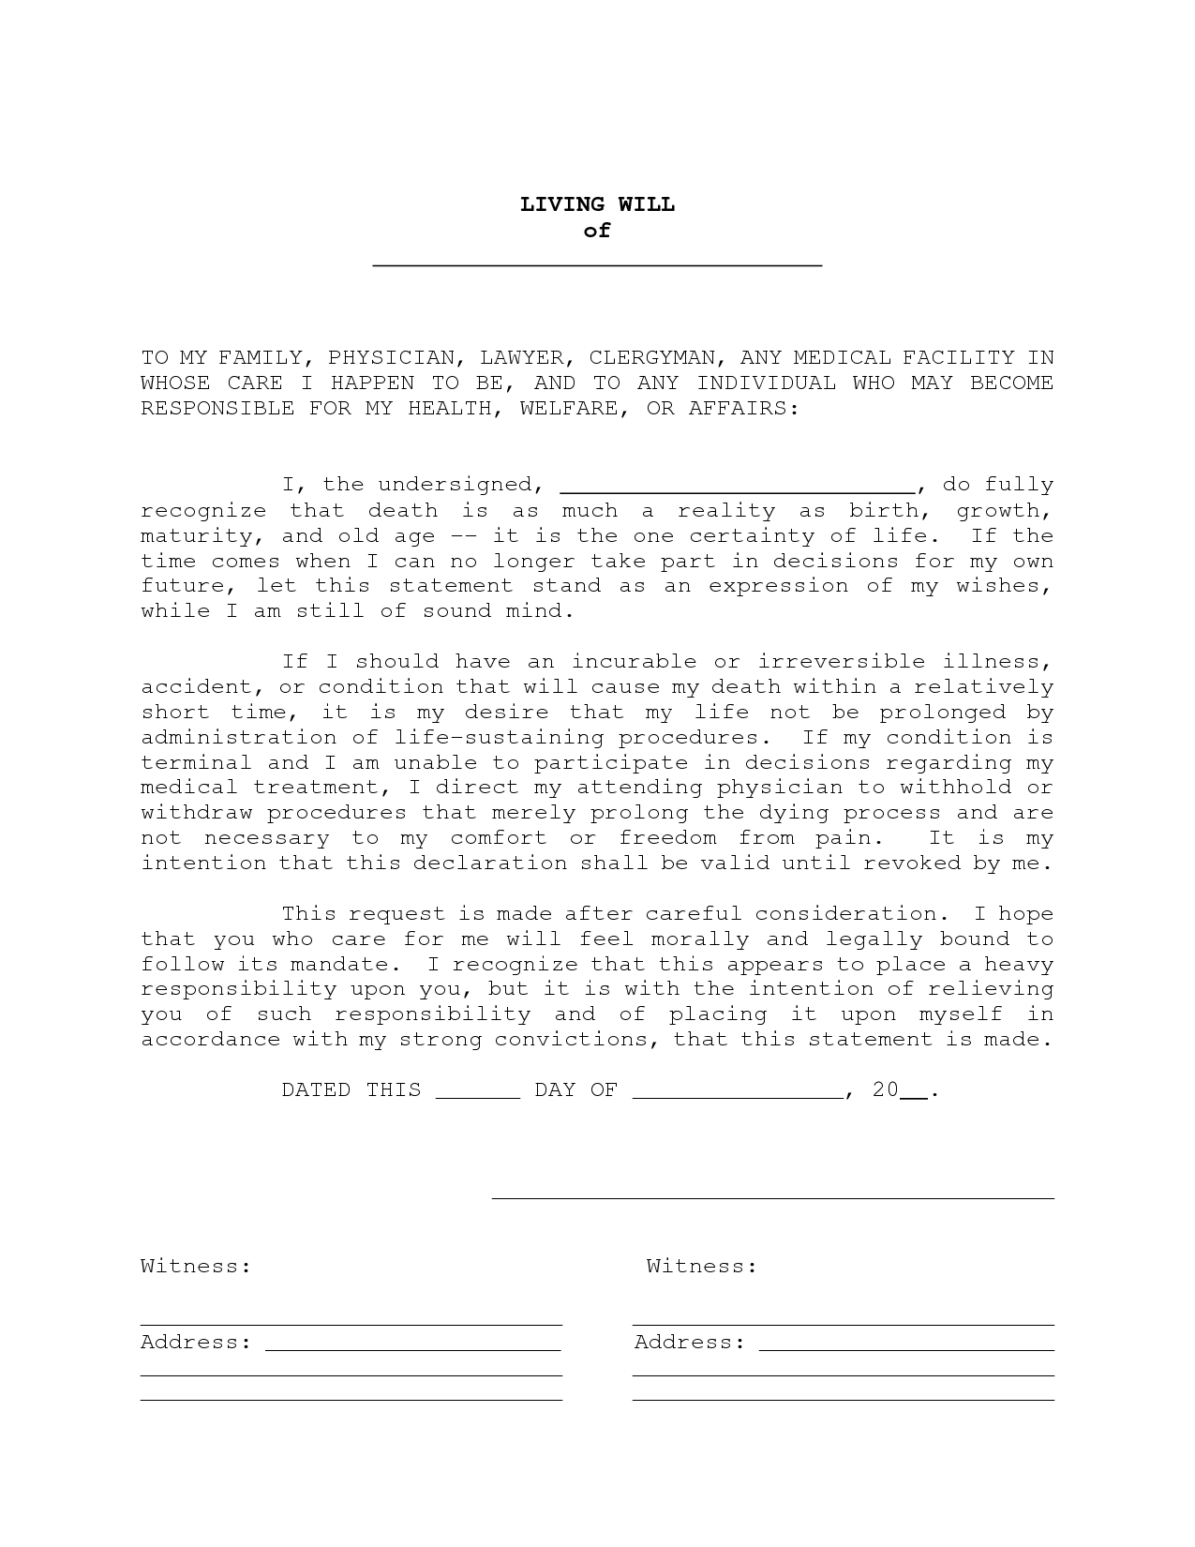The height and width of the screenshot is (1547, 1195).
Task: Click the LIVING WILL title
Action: (597, 204)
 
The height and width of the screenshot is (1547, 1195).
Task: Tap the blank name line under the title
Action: (597, 263)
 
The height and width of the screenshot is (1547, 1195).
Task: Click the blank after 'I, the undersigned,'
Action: (738, 487)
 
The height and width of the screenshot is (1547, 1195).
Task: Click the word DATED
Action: (317, 1090)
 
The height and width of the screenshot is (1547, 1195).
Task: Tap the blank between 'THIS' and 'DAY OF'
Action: (478, 1094)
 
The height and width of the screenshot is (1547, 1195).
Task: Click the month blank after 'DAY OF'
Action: (739, 1094)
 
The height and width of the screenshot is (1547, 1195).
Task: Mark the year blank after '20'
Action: (914, 1094)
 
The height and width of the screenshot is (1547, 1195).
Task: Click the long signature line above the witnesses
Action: (773, 1197)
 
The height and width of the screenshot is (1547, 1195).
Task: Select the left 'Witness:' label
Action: (196, 1267)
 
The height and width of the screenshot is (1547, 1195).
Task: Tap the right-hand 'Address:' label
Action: (690, 1343)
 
